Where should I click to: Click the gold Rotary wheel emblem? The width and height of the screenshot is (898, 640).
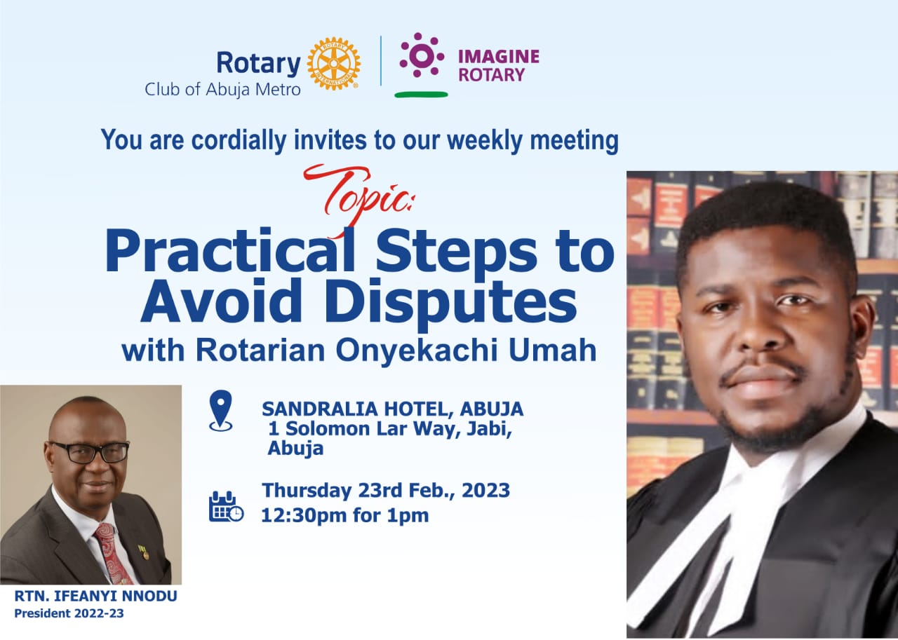pos(333,64)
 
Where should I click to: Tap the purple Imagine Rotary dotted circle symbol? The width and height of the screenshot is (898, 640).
pos(422,55)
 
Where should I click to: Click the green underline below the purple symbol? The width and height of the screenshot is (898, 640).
pos(421,95)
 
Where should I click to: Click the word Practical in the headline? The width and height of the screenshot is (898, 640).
pos(230,251)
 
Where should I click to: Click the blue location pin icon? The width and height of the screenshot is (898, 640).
pos(220,411)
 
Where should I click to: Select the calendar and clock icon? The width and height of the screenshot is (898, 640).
pos(226,506)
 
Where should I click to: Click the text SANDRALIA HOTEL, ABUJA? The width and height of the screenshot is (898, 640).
pos(392,409)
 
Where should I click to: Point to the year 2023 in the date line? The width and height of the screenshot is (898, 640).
pos(485,490)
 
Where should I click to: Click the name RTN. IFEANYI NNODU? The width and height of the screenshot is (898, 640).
pos(95,596)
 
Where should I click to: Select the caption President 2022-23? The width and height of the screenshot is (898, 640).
pos(69,613)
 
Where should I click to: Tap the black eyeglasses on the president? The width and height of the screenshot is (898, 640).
pos(89,451)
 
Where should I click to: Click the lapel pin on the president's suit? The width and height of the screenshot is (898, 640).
pos(143,552)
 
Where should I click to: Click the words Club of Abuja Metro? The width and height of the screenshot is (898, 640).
pos(222,89)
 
